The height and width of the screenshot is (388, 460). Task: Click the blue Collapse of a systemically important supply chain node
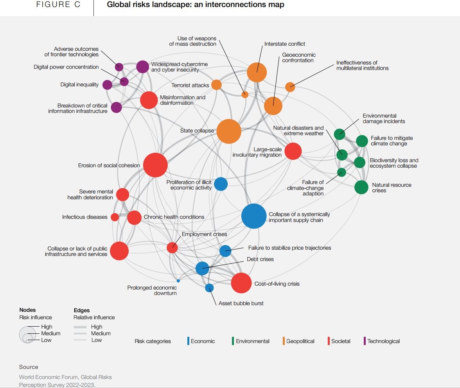tap(254, 216)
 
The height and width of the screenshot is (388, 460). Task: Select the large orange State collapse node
tap(229, 132)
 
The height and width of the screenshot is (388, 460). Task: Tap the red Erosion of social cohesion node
tap(155, 165)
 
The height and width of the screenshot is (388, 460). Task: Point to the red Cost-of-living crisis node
tap(241, 283)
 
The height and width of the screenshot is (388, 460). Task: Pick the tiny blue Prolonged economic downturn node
tap(178, 281)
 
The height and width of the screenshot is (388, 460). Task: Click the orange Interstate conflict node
tap(257, 72)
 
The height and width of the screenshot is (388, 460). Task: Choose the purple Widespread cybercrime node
tap(142, 67)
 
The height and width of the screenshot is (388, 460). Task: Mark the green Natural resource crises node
tap(361, 187)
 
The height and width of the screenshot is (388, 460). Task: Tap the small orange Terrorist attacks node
tap(216, 85)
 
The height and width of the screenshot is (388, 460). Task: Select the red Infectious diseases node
tap(115, 217)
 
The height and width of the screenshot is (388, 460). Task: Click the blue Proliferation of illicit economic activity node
tap(221, 184)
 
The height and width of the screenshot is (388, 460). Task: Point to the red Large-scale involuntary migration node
tap(293, 151)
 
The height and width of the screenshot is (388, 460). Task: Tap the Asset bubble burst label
tap(241, 303)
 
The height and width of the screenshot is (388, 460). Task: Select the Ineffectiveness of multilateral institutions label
tap(362, 65)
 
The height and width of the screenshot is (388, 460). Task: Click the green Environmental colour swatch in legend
tap(232, 341)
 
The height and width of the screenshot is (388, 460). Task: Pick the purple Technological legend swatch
tap(364, 341)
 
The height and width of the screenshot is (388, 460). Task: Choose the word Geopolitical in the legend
tap(300, 341)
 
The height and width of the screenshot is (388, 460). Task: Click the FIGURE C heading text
tap(58, 5)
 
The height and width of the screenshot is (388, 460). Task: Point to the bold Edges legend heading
tap(82, 310)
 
